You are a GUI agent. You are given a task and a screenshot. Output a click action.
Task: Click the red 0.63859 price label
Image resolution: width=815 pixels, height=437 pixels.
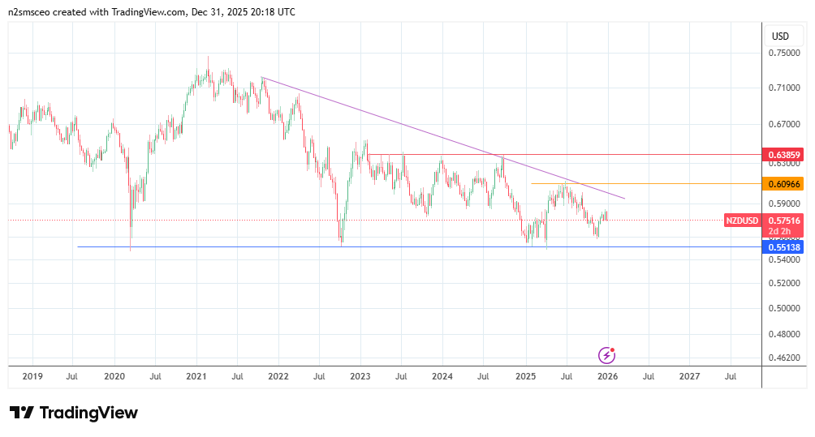pos(783,154)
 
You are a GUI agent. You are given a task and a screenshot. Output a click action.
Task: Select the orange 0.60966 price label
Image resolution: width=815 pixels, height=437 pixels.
pos(783,184)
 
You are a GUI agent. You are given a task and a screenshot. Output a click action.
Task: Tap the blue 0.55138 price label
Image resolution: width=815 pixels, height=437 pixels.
pos(783,247)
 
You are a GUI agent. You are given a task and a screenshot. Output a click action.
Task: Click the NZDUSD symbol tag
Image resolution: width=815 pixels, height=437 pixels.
pos(742,221)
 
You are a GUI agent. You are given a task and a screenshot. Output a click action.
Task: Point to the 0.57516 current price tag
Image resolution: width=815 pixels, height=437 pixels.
pos(784,220)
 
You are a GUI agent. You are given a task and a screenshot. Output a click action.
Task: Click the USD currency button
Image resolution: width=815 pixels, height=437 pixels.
pos(780,36)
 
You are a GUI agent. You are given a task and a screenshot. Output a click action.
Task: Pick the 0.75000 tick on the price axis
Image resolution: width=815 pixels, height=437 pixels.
pos(783,54)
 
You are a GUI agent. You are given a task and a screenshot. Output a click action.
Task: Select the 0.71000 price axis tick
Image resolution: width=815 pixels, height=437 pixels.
pos(783,88)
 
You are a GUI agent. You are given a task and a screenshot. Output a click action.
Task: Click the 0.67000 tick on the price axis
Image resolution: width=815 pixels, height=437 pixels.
pos(783,125)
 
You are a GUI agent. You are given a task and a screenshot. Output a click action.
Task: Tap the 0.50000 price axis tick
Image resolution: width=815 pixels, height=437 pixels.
pos(783,309)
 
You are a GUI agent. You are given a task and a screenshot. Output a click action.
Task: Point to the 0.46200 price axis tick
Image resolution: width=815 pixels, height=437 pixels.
pos(783,357)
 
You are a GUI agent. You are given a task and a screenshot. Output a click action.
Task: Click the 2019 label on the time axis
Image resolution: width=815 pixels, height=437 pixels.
pos(32,376)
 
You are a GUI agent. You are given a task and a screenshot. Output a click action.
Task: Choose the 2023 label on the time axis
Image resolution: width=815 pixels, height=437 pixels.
pos(360,376)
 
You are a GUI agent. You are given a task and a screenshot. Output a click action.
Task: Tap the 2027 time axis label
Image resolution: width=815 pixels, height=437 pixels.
pos(689,376)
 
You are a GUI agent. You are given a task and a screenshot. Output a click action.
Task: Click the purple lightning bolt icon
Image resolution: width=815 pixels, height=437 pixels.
pos(606,355)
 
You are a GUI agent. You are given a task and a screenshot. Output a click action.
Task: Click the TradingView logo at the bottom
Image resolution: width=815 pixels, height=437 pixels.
pos(73,413)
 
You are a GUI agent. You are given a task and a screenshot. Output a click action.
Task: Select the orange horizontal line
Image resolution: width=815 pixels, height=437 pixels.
pos(649,184)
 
